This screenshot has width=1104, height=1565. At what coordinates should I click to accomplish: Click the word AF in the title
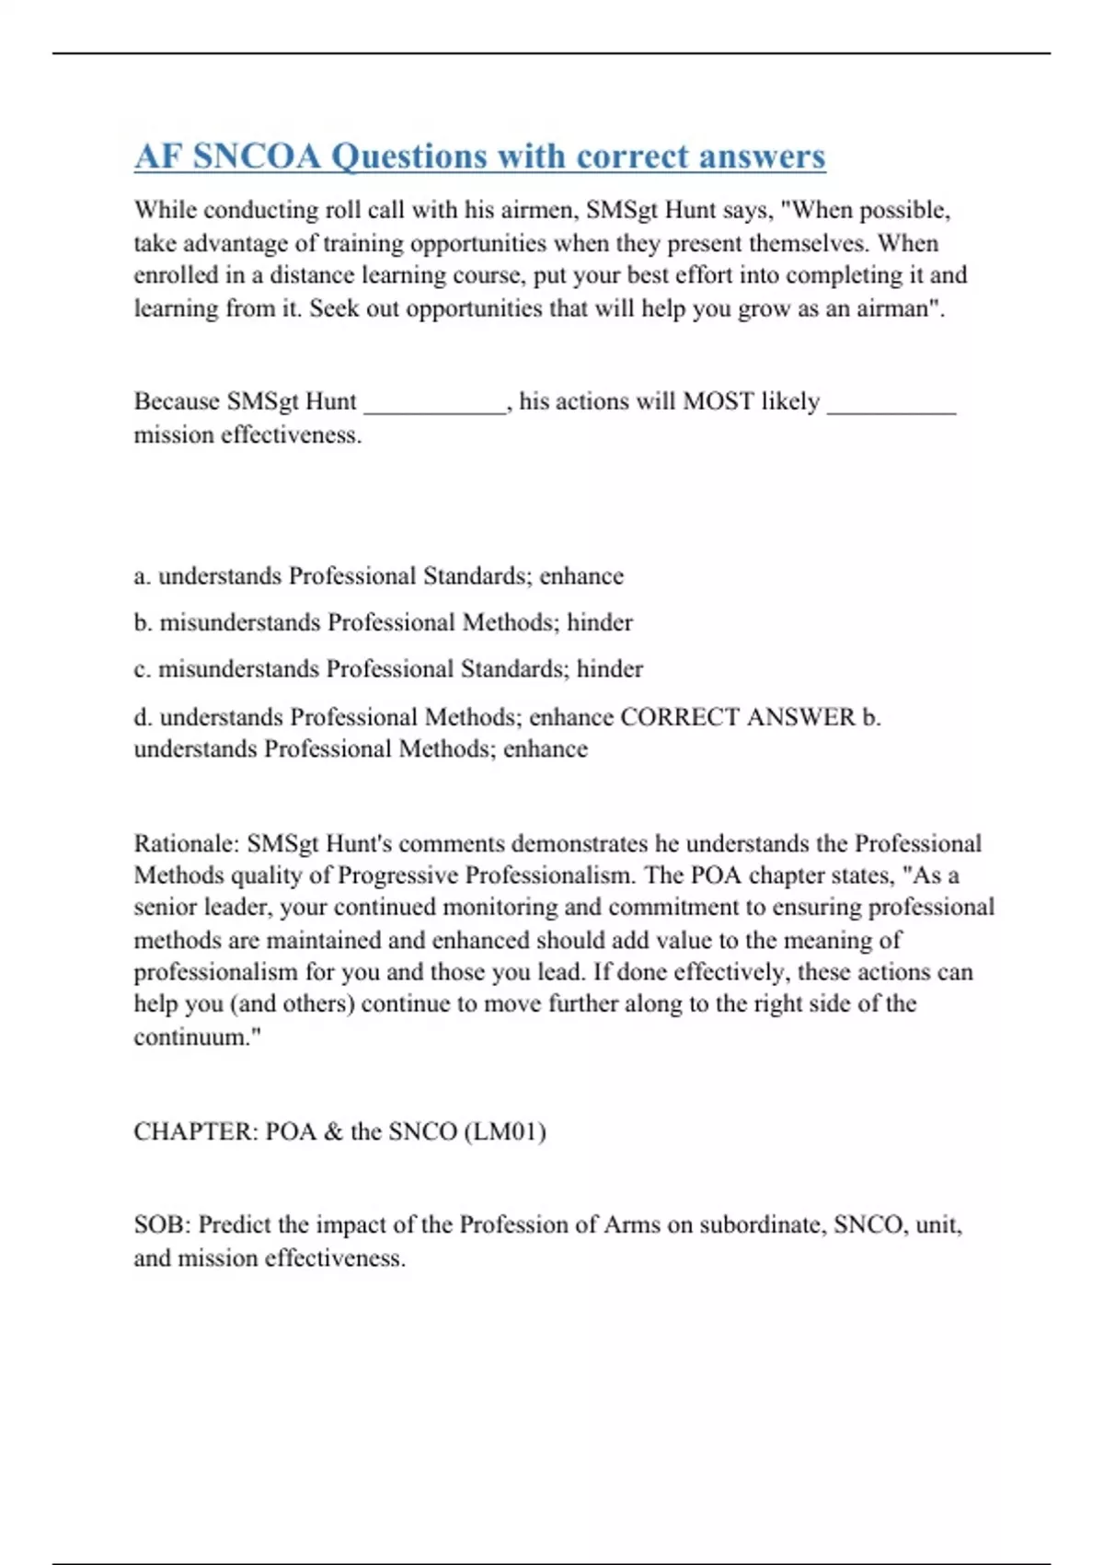pos(159,156)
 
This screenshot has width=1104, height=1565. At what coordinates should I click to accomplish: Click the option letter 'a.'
pos(142,577)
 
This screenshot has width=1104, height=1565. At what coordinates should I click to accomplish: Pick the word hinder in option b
pos(599,623)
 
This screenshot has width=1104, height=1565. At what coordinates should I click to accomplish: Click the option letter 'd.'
pos(143,717)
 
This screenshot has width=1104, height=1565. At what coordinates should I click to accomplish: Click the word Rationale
pos(187,844)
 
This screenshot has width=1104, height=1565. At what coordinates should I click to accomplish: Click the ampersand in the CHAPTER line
pos(332,1131)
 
